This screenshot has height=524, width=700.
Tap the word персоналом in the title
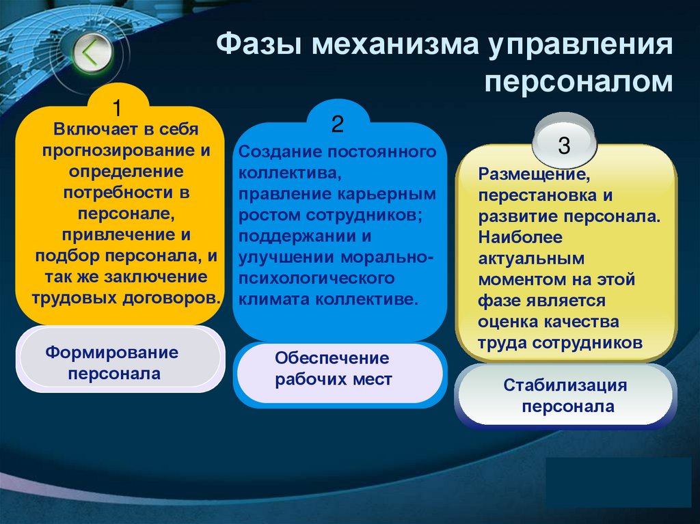point(579,82)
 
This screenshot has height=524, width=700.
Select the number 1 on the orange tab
point(117,107)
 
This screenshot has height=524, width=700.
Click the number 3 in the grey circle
point(564,145)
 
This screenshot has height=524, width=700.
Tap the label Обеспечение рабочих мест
point(333,368)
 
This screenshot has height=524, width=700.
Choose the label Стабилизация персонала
point(565,396)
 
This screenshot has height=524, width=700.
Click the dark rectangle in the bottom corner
point(619,482)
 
